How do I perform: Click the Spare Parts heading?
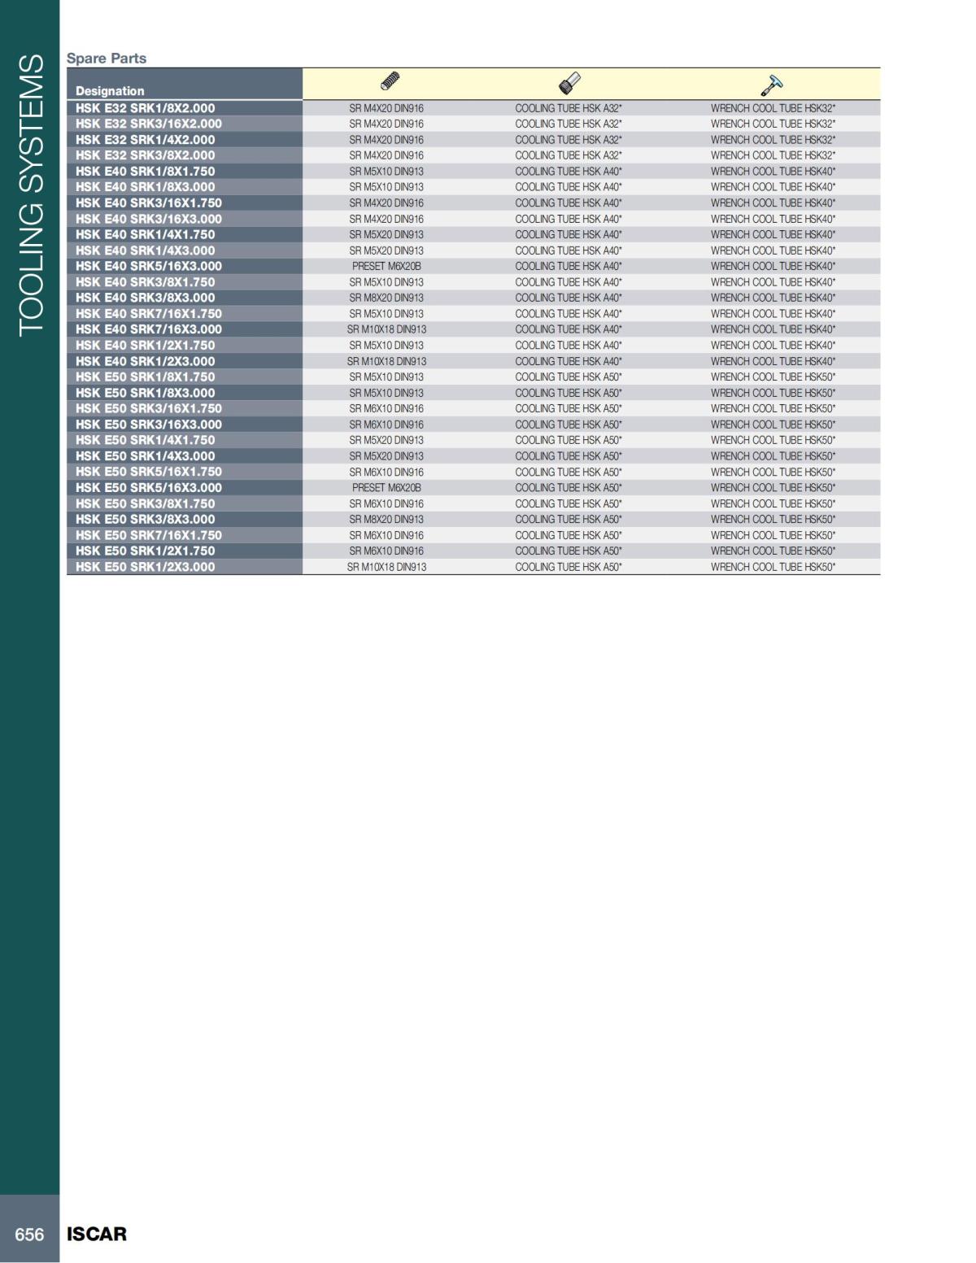pyautogui.click(x=107, y=59)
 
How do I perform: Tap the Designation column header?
pyautogui.click(x=110, y=91)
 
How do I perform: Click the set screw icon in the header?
pyautogui.click(x=390, y=82)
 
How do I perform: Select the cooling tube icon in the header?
pyautogui.click(x=569, y=83)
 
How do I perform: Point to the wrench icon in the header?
pyautogui.click(x=771, y=84)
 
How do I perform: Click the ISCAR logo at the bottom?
pyautogui.click(x=97, y=1234)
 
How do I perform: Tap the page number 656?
pyautogui.click(x=29, y=1235)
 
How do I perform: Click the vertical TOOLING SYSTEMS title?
pyautogui.click(x=30, y=195)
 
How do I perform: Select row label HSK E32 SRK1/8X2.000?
pyautogui.click(x=146, y=108)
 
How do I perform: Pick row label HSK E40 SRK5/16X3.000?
pyautogui.click(x=149, y=266)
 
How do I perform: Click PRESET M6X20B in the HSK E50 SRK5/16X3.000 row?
pyautogui.click(x=386, y=488)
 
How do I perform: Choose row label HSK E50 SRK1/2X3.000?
pyautogui.click(x=146, y=567)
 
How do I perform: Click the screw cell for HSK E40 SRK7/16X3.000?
pyautogui.click(x=386, y=329)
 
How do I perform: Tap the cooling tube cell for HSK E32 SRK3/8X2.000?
pyautogui.click(x=569, y=155)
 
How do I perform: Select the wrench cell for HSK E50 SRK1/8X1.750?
pyautogui.click(x=773, y=377)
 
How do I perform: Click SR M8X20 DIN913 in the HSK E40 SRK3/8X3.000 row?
pyautogui.click(x=386, y=298)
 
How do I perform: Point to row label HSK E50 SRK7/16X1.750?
pyautogui.click(x=149, y=535)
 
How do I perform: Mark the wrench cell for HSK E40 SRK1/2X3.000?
pyautogui.click(x=773, y=361)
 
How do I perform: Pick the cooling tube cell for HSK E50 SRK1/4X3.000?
pyautogui.click(x=569, y=456)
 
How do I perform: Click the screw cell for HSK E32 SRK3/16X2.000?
pyautogui.click(x=386, y=124)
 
